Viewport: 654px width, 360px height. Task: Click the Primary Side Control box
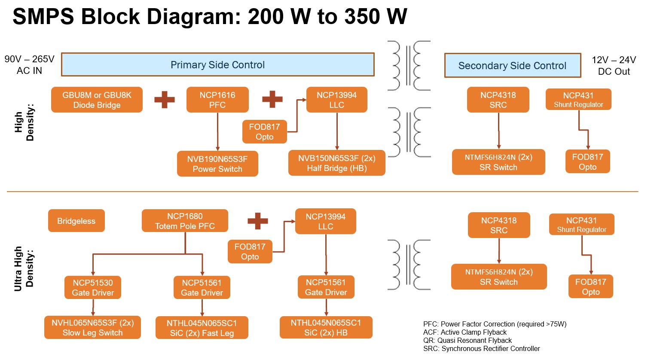[x=217, y=65]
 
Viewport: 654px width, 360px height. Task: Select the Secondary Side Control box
[x=512, y=66]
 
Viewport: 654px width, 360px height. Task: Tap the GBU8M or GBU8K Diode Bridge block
[x=97, y=100]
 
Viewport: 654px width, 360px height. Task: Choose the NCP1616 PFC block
[x=217, y=100]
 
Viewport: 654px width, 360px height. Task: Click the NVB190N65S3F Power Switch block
[x=217, y=164]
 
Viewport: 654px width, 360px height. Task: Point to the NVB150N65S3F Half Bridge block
[x=336, y=163]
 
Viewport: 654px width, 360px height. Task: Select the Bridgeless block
[x=76, y=221]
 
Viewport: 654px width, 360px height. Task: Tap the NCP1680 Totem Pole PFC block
[x=185, y=221]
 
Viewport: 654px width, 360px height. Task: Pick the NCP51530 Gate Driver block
[x=93, y=287]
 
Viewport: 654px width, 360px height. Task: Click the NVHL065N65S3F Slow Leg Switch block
[x=92, y=327]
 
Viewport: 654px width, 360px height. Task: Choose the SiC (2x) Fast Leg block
[x=202, y=328]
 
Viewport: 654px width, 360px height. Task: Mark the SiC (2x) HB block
[x=326, y=327]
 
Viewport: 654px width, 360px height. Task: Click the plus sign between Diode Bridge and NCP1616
[x=165, y=100]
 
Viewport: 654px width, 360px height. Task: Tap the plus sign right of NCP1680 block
[x=258, y=221]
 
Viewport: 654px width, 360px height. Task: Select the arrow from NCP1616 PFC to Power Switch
[x=217, y=131]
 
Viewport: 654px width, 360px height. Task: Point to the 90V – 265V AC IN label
[x=29, y=65]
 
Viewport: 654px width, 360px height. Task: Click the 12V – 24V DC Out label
[x=614, y=66]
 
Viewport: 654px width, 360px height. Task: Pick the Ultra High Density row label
[x=24, y=268]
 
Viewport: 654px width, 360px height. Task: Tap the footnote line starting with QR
[x=467, y=340]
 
